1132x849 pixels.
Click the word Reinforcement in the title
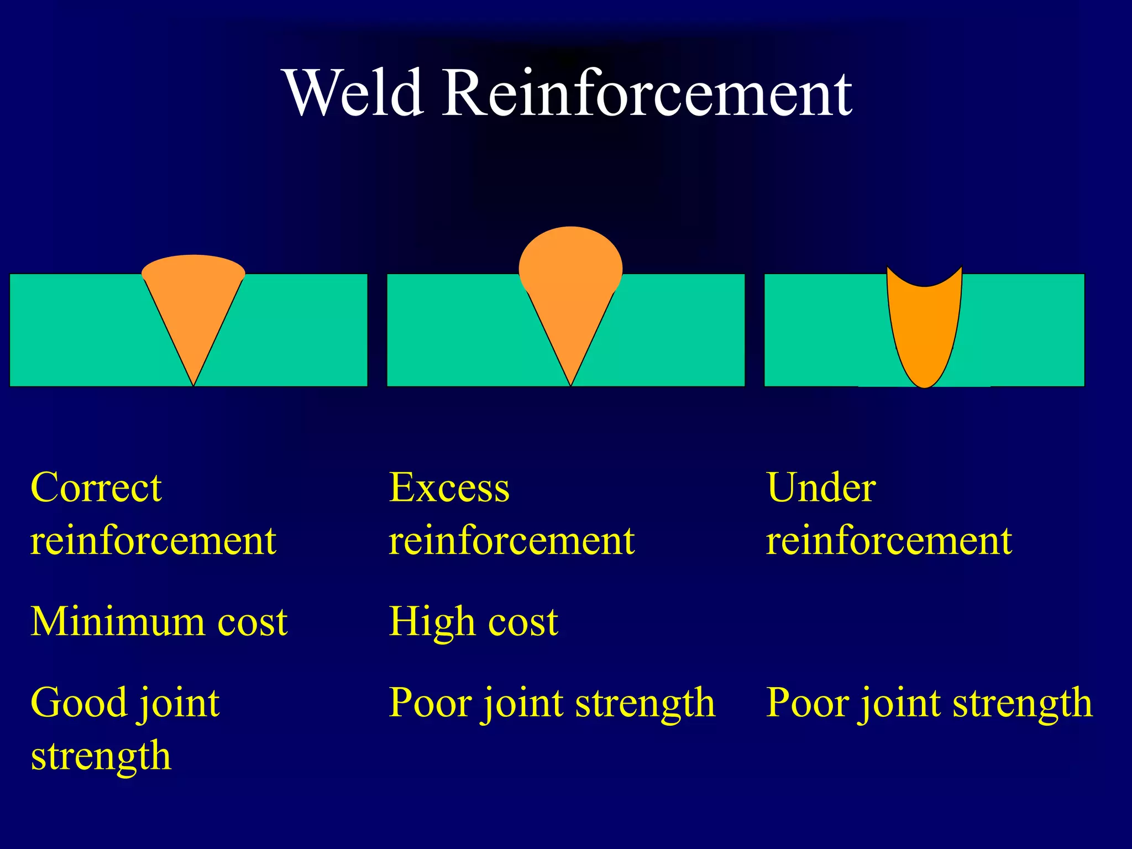pyautogui.click(x=647, y=93)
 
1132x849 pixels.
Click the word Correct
pyautogui.click(x=96, y=488)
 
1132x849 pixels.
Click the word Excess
pyautogui.click(x=449, y=488)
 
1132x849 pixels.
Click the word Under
pyautogui.click(x=821, y=488)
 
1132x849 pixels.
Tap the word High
pyautogui.click(x=431, y=621)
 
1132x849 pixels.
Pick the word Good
pyautogui.click(x=78, y=703)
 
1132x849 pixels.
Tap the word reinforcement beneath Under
pyautogui.click(x=889, y=541)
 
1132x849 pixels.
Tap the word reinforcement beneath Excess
pyautogui.click(x=511, y=541)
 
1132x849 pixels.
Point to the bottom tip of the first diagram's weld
pyautogui.click(x=193, y=383)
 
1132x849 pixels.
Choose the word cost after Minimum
pyautogui.click(x=252, y=622)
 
